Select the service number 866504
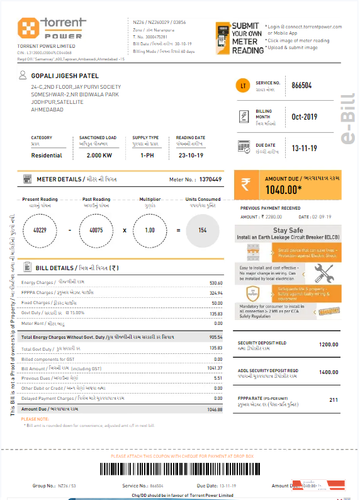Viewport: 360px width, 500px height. coord(302,86)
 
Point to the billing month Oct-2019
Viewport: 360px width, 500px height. coord(305,117)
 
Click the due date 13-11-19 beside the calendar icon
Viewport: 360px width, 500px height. coord(304,149)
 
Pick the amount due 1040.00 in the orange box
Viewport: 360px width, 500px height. coord(283,188)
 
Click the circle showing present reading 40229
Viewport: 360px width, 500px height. coord(40,230)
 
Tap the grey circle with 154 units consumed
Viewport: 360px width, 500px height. coord(202,230)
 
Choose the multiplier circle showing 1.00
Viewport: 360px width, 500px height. coord(150,230)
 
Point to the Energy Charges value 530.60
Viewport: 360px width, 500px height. coord(216,283)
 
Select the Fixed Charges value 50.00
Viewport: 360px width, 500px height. coord(217,303)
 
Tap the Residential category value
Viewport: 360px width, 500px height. coord(47,155)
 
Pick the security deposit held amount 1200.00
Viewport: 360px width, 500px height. coord(329,344)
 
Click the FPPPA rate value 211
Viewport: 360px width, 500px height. coord(334,400)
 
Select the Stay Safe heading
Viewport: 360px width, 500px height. coord(288,231)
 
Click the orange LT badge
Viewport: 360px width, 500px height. coord(243,86)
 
